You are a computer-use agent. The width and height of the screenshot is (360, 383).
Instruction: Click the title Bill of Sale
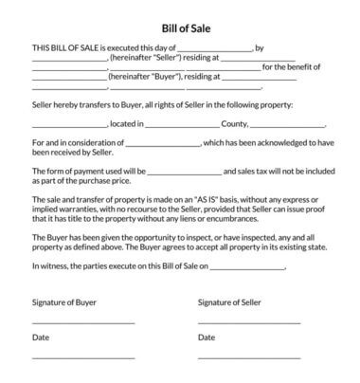coord(179,28)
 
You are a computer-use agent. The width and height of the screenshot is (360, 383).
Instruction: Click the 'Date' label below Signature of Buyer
coord(41,337)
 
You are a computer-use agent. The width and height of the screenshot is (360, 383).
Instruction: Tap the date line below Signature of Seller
coord(249,357)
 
